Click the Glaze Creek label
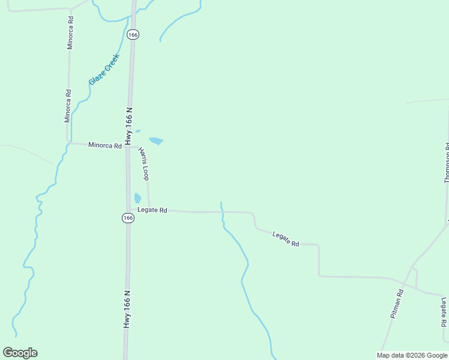pos(104,69)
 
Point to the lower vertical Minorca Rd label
pos(68,106)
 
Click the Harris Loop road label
pos(143,163)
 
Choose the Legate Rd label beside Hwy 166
pos(152,210)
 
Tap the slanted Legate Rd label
pos(286,239)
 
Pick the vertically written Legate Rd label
pos(444,312)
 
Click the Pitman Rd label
pos(396,303)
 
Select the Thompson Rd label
pos(447,163)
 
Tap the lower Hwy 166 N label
pos(127,309)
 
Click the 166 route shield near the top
pos(133,35)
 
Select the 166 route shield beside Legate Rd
pos(128,218)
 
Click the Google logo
pos(20,353)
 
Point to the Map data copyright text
pos(411,355)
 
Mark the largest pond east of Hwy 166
pos(156,141)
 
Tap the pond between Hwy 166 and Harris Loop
pos(137,197)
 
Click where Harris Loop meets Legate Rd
pos(149,211)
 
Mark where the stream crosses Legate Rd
pos(221,212)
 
